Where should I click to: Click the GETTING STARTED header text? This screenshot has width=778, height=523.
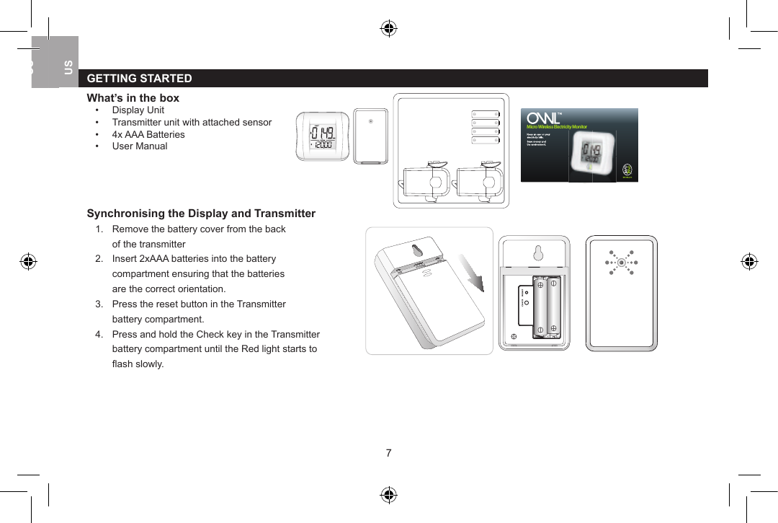coord(139,79)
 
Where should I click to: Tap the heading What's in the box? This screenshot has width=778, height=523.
coord(133,98)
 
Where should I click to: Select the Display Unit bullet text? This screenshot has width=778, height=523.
coord(138,110)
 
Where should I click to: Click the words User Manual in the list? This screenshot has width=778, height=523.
coord(139,146)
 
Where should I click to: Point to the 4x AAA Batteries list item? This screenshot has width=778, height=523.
coord(148,135)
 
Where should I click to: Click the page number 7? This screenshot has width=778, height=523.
coord(388,453)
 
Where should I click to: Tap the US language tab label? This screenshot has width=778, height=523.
coord(68,67)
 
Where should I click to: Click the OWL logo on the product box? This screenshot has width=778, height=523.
coord(544,118)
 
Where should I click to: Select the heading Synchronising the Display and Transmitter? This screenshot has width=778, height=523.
coord(201,214)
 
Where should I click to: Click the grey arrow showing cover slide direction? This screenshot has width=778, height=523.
coord(473,278)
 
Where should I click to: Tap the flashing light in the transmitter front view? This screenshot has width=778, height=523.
coord(621,263)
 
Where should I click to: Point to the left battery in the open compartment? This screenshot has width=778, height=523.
coord(540,307)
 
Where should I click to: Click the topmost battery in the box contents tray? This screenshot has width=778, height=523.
coord(486,114)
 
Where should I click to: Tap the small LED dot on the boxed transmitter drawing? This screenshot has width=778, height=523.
coord(370,121)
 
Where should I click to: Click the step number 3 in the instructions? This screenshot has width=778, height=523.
coord(98,304)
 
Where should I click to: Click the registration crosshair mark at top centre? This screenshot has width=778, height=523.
coord(388,29)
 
